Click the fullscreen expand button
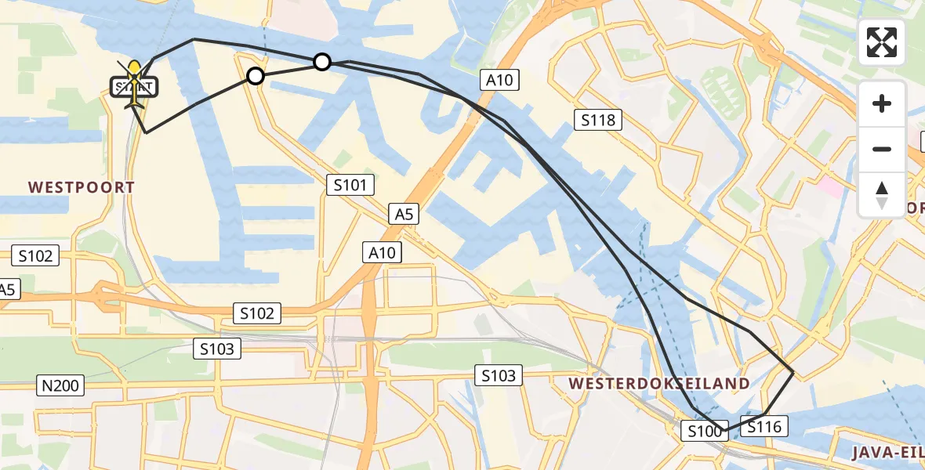pyautogui.click(x=882, y=42)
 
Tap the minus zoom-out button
pyautogui.click(x=882, y=149)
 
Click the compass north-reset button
pyautogui.click(x=882, y=195)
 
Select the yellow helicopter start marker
pyautogui.click(x=135, y=82)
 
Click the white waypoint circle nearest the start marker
pyautogui.click(x=255, y=76)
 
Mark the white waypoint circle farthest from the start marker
pyautogui.click(x=321, y=62)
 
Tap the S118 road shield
pyautogui.click(x=598, y=120)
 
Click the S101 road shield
pyautogui.click(x=350, y=186)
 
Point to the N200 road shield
pyautogui.click(x=61, y=385)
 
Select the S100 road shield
pyautogui.click(x=704, y=430)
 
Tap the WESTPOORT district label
pyautogui.click(x=82, y=188)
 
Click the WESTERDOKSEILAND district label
pyautogui.click(x=659, y=384)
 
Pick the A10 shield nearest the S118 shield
pyautogui.click(x=502, y=80)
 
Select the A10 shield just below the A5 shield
pyautogui.click(x=383, y=252)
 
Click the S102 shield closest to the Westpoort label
pyautogui.click(x=35, y=255)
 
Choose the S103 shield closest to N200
pyautogui.click(x=217, y=349)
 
